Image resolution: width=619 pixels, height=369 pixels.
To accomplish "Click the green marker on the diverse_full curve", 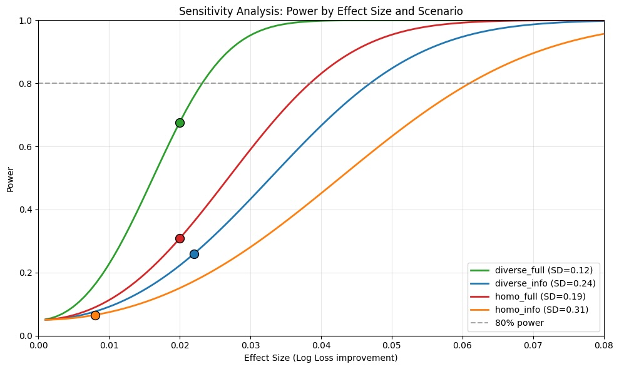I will tap(180, 123).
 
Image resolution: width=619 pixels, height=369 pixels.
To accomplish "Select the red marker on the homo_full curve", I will tap(180, 238).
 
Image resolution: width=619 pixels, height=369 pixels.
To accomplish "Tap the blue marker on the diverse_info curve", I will tap(194, 254).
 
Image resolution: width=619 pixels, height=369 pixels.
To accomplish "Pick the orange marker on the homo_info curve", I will tap(95, 315).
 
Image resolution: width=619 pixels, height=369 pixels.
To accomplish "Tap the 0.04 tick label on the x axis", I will tap(321, 345).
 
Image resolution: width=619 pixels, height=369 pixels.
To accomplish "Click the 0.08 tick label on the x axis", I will tap(603, 345).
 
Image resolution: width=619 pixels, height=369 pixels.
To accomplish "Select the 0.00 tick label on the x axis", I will tap(39, 345).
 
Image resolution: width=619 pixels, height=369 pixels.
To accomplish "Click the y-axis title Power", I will tap(10, 178).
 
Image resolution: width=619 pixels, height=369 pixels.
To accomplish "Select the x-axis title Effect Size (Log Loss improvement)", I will tap(321, 358).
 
